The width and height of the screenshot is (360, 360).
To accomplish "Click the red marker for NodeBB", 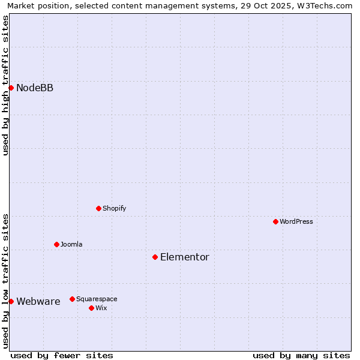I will click(11, 88).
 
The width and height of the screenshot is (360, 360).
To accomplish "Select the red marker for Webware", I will click(11, 301).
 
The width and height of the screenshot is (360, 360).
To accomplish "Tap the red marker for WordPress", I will click(275, 221).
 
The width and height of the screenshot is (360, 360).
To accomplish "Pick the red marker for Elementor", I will click(155, 257).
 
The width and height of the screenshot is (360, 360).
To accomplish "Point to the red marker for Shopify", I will click(98, 208).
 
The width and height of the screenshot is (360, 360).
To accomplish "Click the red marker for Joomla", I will click(56, 244).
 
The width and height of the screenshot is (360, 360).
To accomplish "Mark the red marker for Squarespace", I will click(72, 299).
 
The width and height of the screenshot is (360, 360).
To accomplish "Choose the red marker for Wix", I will click(91, 308).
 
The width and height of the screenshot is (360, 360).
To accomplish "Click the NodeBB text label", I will click(35, 88).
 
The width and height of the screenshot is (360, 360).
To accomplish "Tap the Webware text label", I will click(38, 302).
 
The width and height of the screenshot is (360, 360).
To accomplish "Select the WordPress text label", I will click(296, 222).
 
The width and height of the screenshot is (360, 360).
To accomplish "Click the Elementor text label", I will click(185, 257).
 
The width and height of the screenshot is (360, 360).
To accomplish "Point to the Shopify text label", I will click(115, 209).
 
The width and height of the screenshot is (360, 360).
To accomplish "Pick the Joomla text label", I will click(71, 245).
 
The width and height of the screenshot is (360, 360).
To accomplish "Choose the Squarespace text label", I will click(97, 299).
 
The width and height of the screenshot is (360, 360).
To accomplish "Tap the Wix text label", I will click(101, 308).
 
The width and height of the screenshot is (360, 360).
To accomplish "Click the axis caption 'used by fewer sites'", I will click(62, 355).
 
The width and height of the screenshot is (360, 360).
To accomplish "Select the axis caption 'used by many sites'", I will click(301, 355).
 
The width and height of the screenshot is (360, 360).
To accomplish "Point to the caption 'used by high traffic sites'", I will click(6, 85).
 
